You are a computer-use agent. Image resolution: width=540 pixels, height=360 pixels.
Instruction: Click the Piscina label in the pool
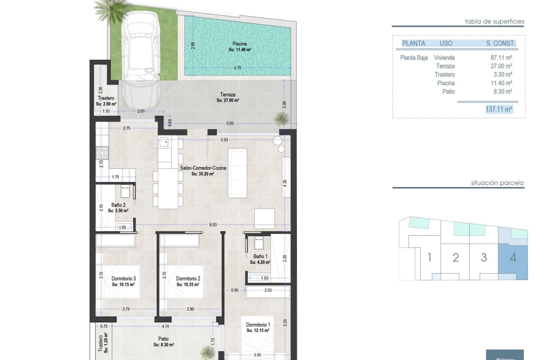point(240,44)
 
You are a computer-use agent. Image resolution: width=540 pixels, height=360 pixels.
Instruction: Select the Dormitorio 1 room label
point(258,325)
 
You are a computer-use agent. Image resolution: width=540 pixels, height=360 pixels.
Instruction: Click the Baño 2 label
point(118,205)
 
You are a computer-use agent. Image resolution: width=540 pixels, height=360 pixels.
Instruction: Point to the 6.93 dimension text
point(213,225)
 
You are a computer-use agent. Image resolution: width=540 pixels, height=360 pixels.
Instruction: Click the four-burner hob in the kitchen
point(102,153)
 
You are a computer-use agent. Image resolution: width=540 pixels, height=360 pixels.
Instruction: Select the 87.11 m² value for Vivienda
point(501,58)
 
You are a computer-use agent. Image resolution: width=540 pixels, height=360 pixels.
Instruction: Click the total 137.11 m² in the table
point(499,109)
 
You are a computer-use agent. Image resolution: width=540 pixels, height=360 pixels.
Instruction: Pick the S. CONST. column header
point(501,43)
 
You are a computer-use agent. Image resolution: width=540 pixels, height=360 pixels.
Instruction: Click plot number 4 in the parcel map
point(513,258)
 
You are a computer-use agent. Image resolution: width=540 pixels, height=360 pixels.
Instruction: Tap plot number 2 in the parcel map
point(456,258)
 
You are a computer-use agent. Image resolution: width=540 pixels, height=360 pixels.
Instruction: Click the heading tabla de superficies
point(494,21)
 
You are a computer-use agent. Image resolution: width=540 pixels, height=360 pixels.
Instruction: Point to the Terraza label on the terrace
point(228,95)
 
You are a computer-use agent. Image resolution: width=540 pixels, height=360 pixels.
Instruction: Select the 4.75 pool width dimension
point(238,68)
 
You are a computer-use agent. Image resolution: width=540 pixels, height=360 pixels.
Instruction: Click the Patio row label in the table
point(448,91)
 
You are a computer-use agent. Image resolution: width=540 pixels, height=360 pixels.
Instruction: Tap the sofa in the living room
point(237,173)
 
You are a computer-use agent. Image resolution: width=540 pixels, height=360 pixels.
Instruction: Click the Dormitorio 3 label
point(123,279)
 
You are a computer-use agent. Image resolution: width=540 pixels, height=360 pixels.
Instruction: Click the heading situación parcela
point(497,183)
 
